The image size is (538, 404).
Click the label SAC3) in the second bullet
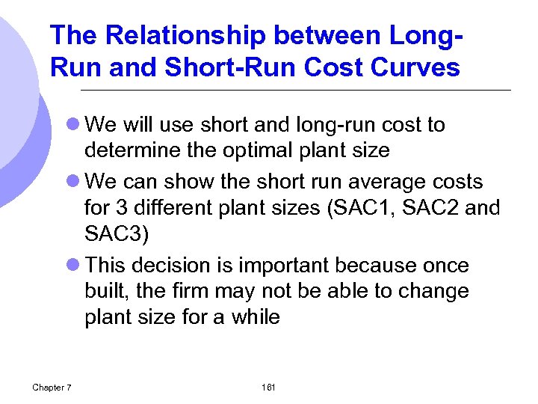[117, 234]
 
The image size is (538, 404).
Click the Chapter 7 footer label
[52, 387]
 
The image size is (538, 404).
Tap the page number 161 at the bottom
[269, 387]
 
